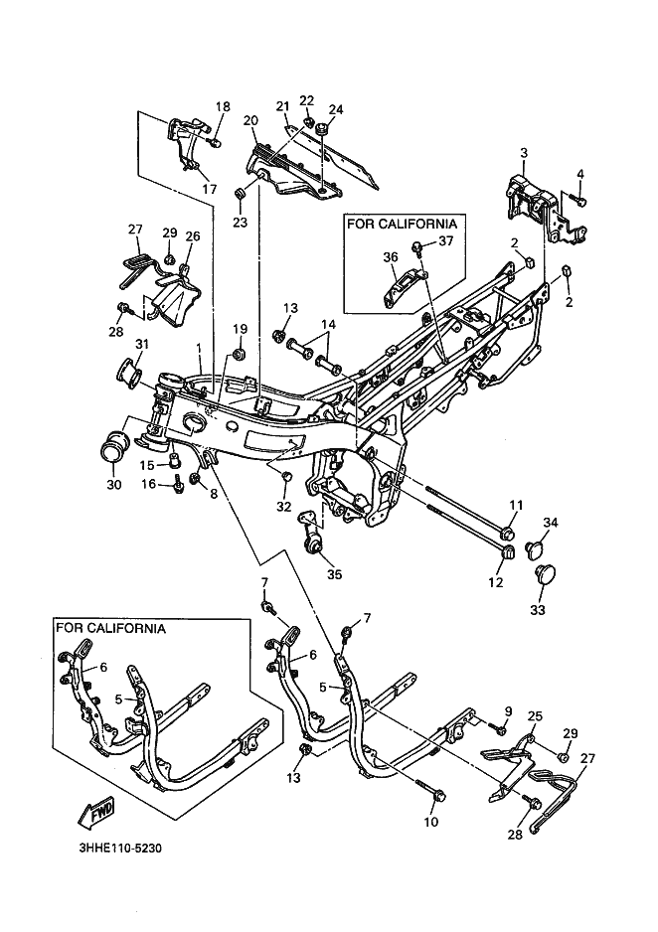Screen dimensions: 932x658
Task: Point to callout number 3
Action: (524, 153)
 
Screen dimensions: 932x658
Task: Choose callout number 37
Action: (447, 241)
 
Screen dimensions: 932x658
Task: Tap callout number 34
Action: (551, 523)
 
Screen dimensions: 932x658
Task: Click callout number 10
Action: (430, 821)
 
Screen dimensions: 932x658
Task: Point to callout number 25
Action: (535, 716)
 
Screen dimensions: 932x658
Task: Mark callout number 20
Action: (249, 120)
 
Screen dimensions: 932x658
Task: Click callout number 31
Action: (114, 344)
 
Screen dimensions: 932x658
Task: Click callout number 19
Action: (240, 329)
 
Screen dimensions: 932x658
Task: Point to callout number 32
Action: (283, 506)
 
